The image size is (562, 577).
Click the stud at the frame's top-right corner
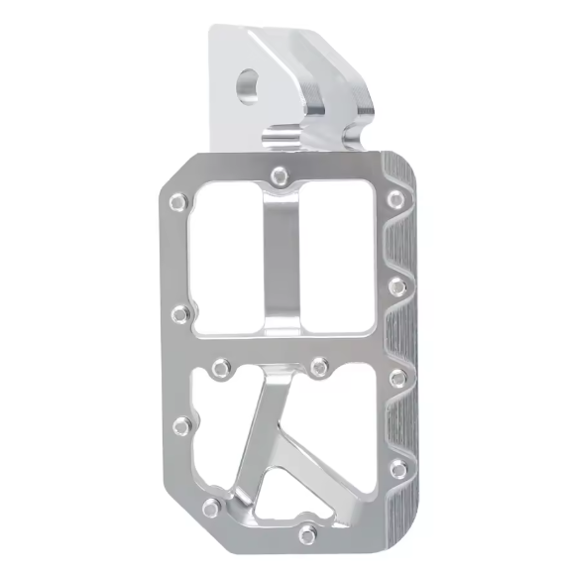[395, 199]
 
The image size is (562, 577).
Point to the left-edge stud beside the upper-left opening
[179, 315]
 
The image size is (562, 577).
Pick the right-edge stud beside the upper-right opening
[397, 288]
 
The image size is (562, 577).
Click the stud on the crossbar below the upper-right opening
[319, 367]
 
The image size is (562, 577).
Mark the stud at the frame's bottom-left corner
[210, 508]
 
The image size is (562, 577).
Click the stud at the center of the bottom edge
[308, 535]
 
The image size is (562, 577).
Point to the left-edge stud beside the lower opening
[181, 426]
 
